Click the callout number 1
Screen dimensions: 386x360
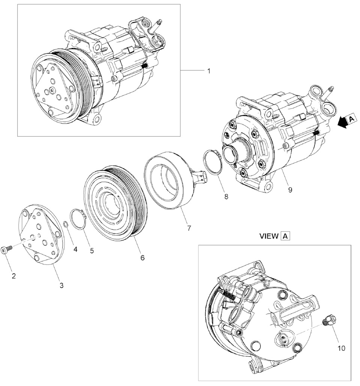[208, 71]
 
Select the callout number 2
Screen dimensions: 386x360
[14, 276]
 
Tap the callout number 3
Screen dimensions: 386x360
[61, 285]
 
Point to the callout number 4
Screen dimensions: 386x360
[75, 249]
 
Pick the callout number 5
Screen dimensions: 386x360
[91, 251]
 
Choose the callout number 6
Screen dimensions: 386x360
[142, 258]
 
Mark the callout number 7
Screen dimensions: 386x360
[189, 228]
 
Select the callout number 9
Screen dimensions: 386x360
[290, 190]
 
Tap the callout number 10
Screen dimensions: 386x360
[341, 348]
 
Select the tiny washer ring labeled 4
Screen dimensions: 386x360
[66, 224]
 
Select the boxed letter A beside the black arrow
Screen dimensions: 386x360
[351, 119]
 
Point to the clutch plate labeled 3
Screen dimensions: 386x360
[41, 235]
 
